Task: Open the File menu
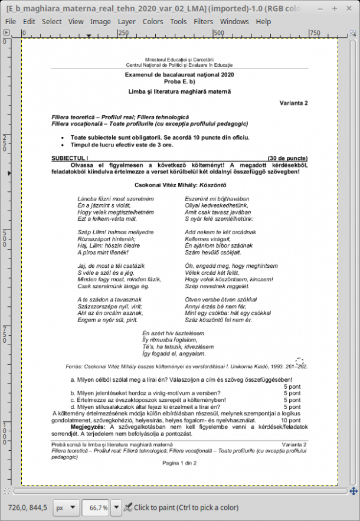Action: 11,21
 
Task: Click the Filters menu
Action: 204,21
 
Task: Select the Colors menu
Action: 153,21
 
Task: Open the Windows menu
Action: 234,21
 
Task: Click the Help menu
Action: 263,21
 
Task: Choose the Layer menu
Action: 126,21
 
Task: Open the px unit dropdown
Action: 66,507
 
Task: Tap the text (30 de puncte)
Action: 287,159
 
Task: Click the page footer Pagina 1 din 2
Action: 179,463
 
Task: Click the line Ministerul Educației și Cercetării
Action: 179,60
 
